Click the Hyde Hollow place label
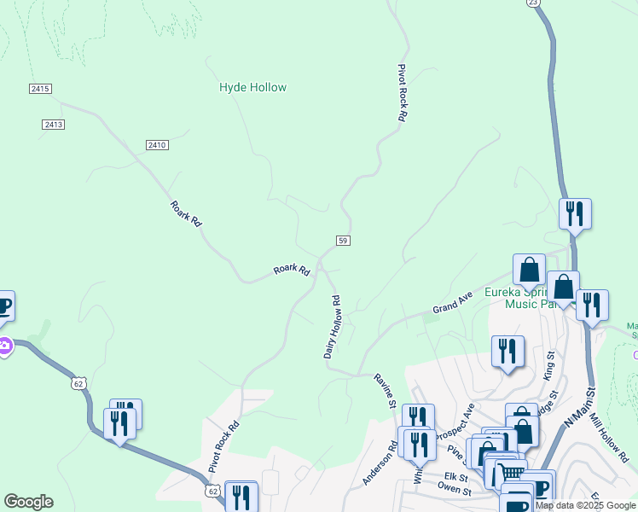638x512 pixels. tap(252, 87)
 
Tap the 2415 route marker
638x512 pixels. tap(40, 89)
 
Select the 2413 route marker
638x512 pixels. tap(53, 125)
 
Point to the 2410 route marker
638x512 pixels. tap(156, 145)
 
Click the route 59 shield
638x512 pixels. tap(342, 241)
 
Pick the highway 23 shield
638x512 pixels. tap(533, 3)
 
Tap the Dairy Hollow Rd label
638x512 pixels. tap(333, 327)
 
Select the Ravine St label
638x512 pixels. tap(386, 389)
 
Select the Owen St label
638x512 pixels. tap(454, 491)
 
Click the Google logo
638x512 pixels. tap(28, 502)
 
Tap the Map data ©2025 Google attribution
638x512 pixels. tap(586, 505)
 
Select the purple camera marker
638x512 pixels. tap(3, 346)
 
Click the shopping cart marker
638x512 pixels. tap(511, 472)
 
